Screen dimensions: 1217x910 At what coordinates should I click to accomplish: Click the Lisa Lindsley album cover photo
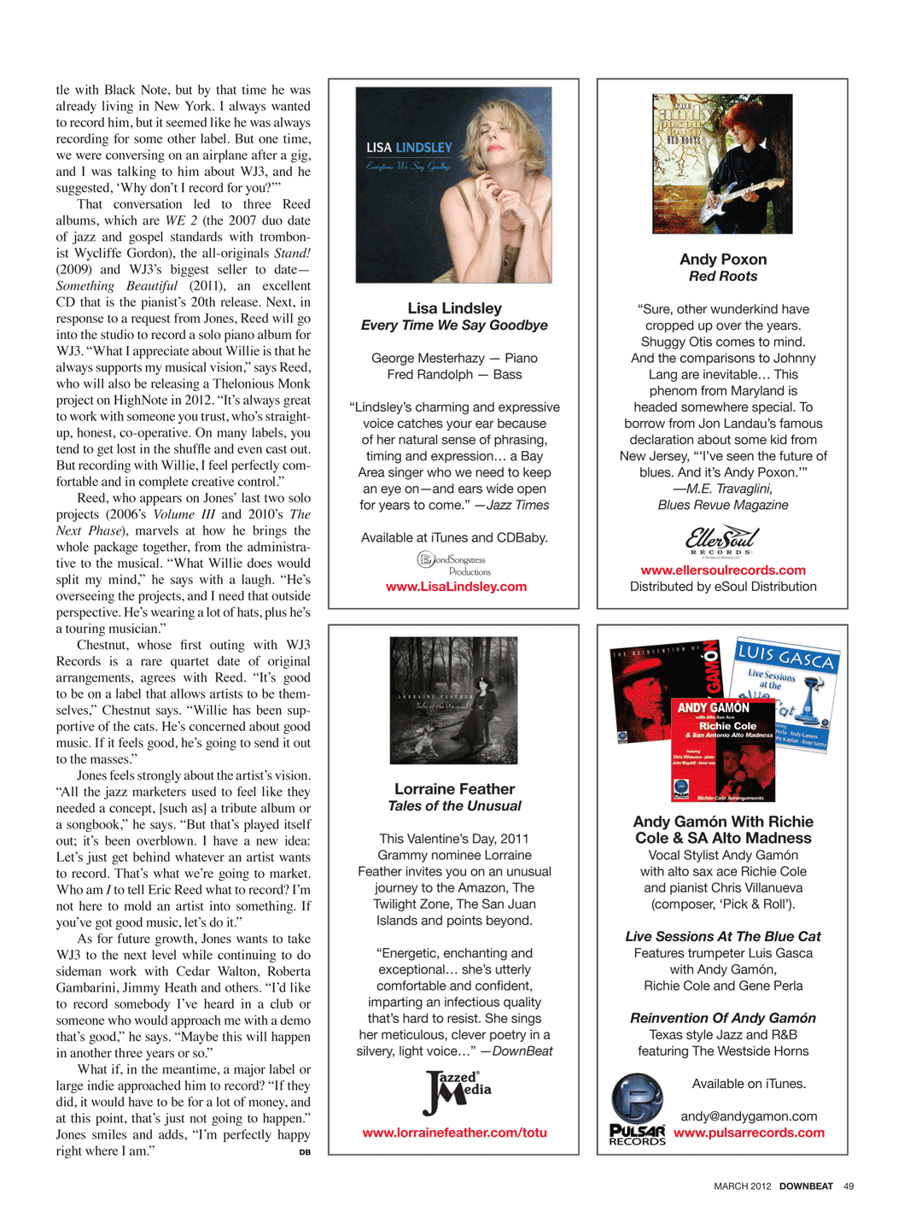[453, 184]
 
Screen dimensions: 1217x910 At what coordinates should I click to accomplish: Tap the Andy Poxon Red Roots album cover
[722, 164]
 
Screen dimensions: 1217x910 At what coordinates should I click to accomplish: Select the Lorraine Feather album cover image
[453, 700]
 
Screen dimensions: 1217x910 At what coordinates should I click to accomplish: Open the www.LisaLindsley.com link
[456, 587]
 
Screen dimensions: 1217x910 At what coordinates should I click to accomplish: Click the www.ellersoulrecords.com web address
[723, 570]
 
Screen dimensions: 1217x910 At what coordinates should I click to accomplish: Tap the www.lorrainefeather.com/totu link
[454, 1132]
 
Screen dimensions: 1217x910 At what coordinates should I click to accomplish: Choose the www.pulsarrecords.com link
[749, 1132]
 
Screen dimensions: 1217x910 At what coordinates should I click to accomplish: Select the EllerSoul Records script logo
[722, 541]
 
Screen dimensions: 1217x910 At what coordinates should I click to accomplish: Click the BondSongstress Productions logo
[454, 564]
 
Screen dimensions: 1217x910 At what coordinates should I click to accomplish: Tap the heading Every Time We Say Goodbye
[454, 325]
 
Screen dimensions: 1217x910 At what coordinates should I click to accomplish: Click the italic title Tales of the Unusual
[454, 806]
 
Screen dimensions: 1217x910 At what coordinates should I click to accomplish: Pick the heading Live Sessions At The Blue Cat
[723, 937]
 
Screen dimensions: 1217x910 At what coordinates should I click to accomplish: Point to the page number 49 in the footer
[849, 1186]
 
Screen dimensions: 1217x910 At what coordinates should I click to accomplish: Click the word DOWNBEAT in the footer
[806, 1186]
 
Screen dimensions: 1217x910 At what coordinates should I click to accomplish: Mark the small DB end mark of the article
[305, 1153]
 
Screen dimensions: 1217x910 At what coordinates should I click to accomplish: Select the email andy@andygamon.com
[749, 1116]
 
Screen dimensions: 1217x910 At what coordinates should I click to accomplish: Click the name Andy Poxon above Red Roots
[723, 260]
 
